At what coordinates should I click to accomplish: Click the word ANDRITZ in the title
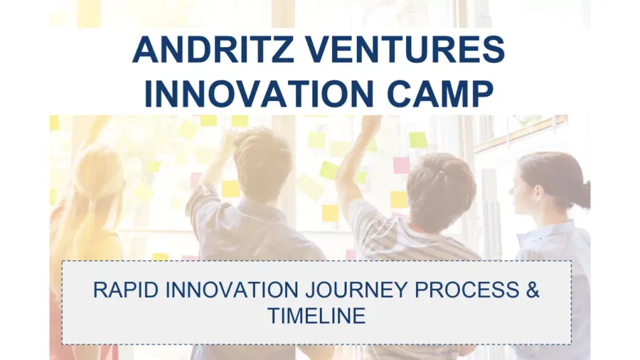pyautogui.click(x=213, y=50)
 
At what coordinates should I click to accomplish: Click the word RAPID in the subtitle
pyautogui.click(x=126, y=290)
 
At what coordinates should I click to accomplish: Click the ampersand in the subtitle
pyautogui.click(x=533, y=290)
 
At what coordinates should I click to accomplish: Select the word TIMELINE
pyautogui.click(x=316, y=315)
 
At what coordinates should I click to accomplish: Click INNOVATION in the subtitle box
pyautogui.click(x=232, y=290)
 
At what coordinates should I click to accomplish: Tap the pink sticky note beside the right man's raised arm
pyautogui.click(x=401, y=165)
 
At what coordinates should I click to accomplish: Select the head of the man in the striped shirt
pyautogui.click(x=441, y=189)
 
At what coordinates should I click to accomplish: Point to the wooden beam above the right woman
pyautogui.click(x=521, y=134)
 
